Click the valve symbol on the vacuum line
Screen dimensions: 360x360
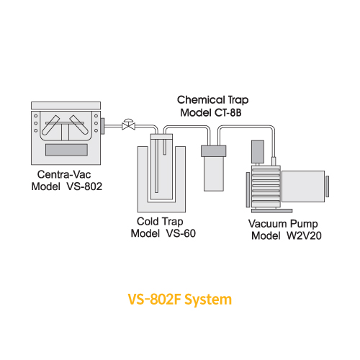(128, 125)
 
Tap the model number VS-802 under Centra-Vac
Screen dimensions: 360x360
(84, 186)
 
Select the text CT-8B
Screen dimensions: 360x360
(228, 112)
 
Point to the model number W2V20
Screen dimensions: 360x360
(304, 235)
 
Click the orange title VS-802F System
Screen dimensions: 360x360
(180, 300)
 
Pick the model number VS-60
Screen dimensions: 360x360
(181, 233)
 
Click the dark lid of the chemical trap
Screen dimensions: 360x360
(213, 151)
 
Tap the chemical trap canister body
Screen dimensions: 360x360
(214, 174)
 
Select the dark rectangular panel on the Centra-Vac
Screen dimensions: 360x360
(66, 150)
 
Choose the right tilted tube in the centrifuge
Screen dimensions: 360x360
(79, 125)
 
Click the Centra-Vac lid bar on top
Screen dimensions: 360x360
(66, 105)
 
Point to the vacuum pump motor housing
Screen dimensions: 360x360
(303, 186)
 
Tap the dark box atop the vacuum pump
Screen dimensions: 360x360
(258, 152)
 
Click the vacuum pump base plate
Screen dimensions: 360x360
(271, 211)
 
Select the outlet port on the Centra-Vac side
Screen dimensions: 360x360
(102, 126)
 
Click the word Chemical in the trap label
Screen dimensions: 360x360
(201, 100)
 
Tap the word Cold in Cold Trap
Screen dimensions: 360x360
(147, 222)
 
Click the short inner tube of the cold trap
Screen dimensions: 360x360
(165, 147)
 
